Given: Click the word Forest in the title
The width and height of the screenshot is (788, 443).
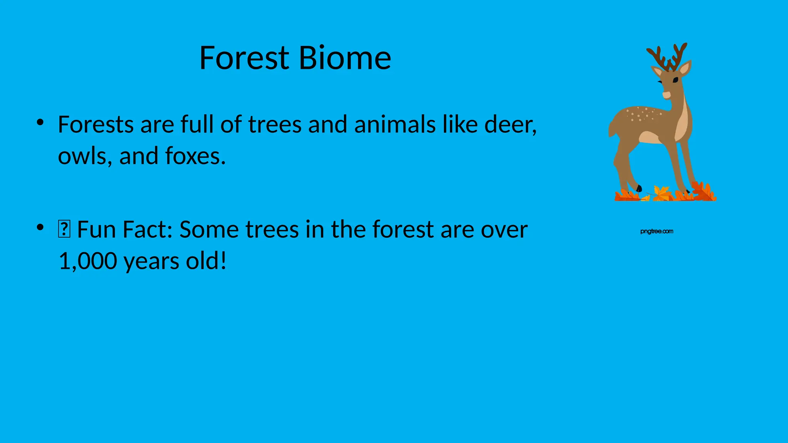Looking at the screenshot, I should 244,58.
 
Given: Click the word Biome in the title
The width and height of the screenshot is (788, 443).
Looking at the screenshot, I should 345,58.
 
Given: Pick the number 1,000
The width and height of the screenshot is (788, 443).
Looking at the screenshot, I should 88,261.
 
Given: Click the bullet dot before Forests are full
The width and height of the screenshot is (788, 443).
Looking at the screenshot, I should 40,123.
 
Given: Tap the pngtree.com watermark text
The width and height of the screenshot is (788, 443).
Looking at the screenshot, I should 657,231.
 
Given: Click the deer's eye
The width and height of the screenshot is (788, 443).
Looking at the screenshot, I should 675,80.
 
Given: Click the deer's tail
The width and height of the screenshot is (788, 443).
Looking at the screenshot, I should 611,129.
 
